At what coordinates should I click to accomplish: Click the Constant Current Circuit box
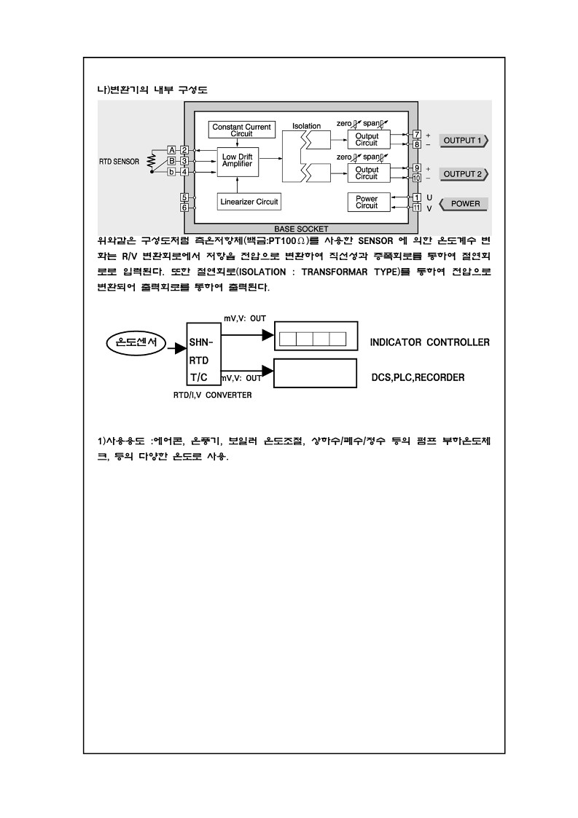tap(241, 130)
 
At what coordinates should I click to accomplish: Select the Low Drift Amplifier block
tap(237, 161)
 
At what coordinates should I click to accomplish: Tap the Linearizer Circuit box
tap(249, 201)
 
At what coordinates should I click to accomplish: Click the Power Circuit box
tap(367, 202)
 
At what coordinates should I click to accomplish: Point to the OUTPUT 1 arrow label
tap(464, 141)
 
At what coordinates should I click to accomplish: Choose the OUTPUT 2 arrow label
tap(464, 174)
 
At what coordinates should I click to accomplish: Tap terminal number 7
tap(417, 135)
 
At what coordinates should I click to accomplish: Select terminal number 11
tap(417, 208)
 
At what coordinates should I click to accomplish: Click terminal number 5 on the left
tap(185, 197)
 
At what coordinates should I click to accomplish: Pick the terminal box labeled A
tap(172, 149)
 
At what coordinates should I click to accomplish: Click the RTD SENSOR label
tap(119, 161)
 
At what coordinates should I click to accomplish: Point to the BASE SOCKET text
tap(301, 229)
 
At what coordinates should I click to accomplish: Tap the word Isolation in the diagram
tap(307, 126)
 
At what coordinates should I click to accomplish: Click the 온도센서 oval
tap(136, 342)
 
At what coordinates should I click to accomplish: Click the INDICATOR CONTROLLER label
tap(429, 342)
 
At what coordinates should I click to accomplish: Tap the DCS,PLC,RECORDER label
tap(418, 378)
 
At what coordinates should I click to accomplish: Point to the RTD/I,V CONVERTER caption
tap(212, 395)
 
